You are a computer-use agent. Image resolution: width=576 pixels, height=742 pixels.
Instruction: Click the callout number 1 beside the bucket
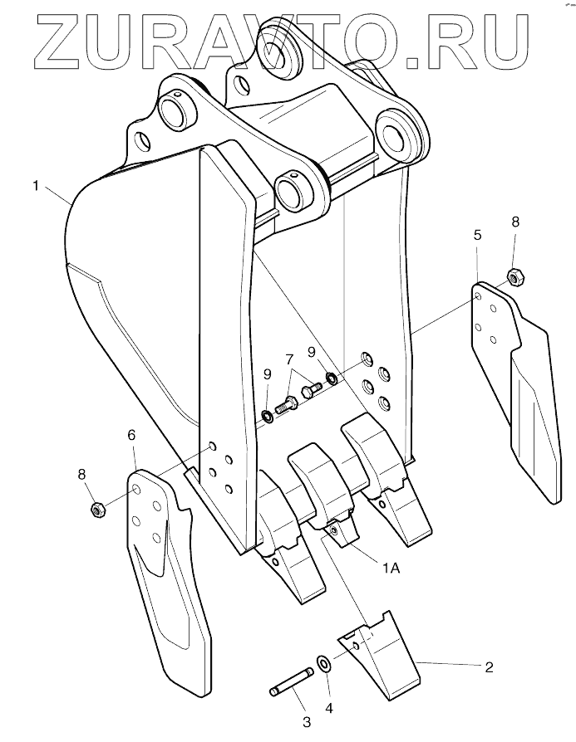(36, 186)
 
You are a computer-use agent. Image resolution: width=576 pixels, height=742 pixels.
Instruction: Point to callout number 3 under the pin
(306, 723)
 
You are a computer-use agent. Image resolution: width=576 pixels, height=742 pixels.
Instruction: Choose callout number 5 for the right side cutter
(478, 235)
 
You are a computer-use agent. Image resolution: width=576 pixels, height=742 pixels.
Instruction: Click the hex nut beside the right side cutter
(514, 277)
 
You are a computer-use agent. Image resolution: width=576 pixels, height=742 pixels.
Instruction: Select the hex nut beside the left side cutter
(96, 509)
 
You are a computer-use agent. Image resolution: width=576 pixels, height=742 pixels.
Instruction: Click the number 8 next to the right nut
(515, 222)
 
